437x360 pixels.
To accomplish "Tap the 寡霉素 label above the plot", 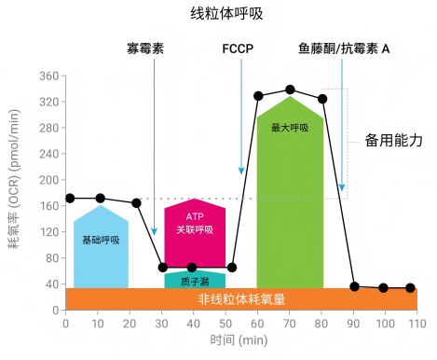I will point(146,48).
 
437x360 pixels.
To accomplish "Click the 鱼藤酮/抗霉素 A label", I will point(345,48).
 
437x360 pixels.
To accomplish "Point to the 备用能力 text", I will point(394,141).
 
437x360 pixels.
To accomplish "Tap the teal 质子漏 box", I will point(195,280).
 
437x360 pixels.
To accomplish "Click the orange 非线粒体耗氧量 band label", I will point(241,299).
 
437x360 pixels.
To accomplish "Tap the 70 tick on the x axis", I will point(290,323).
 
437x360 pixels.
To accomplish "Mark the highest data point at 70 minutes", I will point(290,90).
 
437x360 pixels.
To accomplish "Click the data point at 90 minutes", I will point(354,286).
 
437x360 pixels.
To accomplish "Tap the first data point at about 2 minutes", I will point(71,198).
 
